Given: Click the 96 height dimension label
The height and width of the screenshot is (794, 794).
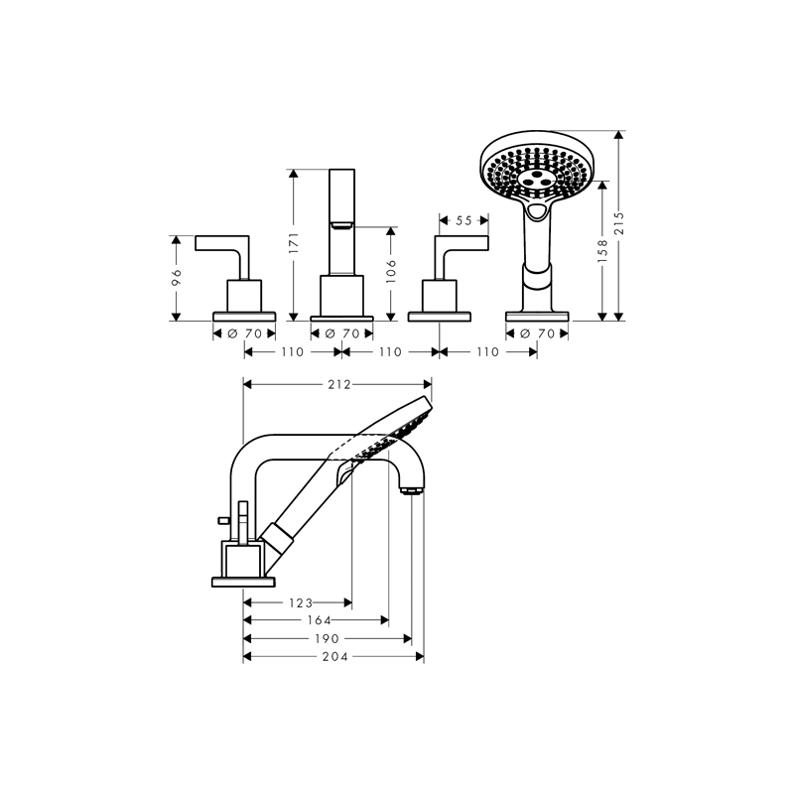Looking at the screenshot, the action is (x=177, y=278).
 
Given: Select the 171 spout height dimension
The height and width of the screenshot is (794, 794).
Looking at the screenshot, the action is (x=294, y=243).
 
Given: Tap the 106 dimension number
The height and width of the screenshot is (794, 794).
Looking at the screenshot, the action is (x=391, y=271).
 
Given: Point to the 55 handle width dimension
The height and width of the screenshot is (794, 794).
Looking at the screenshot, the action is (x=463, y=220).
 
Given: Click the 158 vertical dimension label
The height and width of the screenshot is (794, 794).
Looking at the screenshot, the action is (x=602, y=251).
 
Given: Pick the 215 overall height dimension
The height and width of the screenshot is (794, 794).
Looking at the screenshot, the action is (x=618, y=222).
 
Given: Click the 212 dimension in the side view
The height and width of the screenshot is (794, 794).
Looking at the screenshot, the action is (x=338, y=385).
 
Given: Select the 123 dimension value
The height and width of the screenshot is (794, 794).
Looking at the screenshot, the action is (x=302, y=603).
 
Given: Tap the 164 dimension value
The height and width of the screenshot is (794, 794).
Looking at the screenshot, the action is (x=320, y=620).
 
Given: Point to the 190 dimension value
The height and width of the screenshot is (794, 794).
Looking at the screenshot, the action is (x=328, y=638).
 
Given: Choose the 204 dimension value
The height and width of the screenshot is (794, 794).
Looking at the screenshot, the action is (x=335, y=657).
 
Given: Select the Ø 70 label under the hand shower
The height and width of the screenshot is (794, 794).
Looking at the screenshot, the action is (x=537, y=333).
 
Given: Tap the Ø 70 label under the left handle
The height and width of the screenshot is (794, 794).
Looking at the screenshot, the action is (x=244, y=333).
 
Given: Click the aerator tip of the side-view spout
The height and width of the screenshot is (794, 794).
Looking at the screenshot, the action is (x=411, y=490).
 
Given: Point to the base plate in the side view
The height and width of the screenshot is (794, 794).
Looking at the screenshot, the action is (x=243, y=582).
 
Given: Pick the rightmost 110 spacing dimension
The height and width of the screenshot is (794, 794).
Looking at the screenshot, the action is (x=487, y=352).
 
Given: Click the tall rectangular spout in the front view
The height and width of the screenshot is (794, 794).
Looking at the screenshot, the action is (x=341, y=222).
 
